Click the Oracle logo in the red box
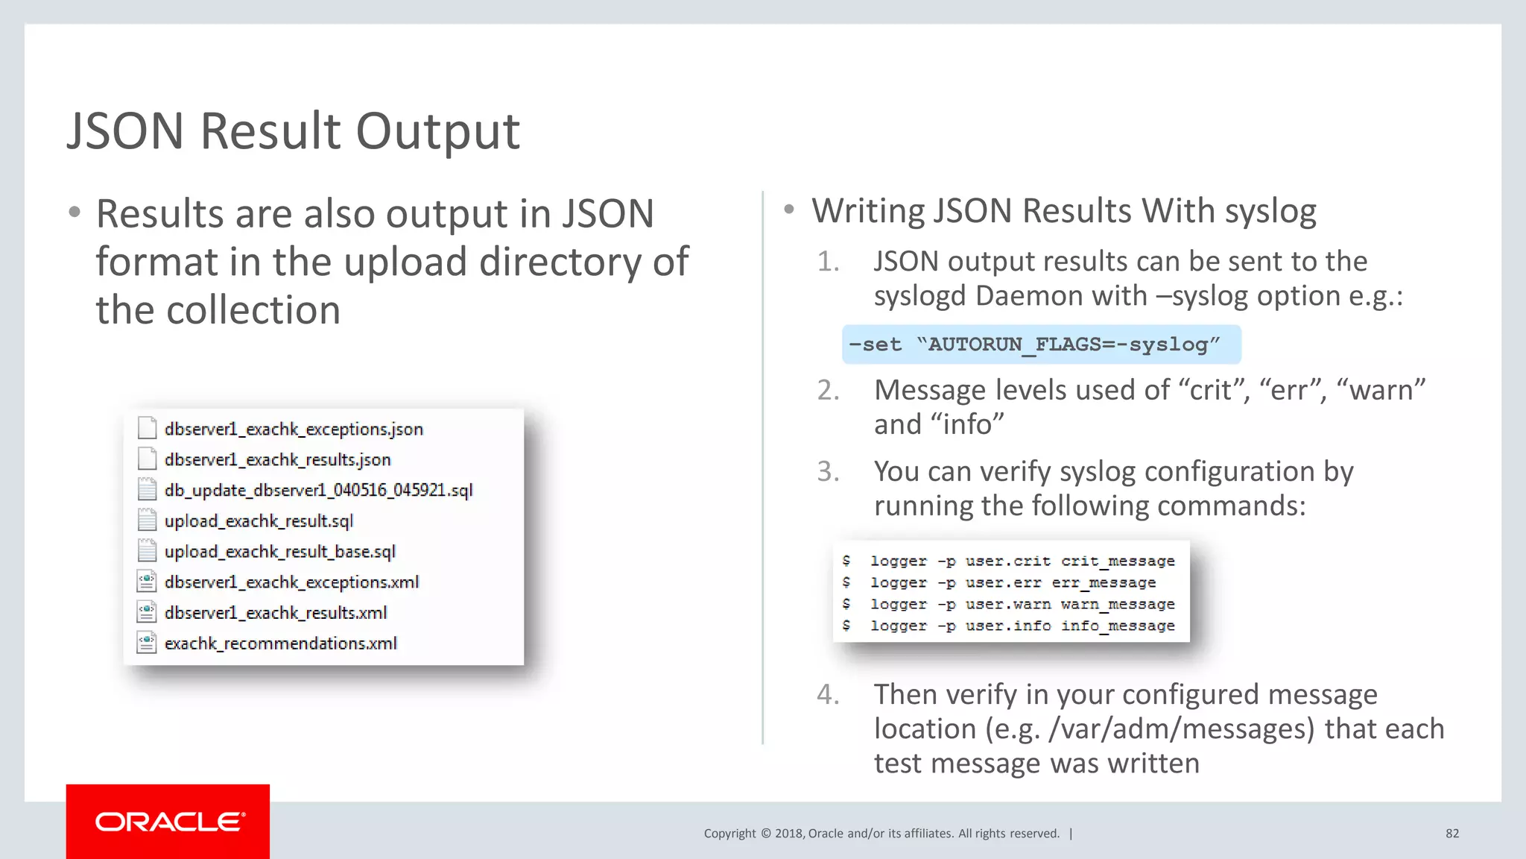pos(169,822)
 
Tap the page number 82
pos(1451,834)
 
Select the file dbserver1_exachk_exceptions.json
pos(294,429)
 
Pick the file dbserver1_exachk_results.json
pos(277,459)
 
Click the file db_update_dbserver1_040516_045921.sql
pos(318,490)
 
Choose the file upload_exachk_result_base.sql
pos(279,551)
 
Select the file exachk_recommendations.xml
pos(280,643)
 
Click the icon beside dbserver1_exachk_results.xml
pos(147,612)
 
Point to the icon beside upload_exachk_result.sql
pos(147,520)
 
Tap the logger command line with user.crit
pos(1022,561)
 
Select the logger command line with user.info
pos(1022,626)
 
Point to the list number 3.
pos(827,472)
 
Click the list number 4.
pos(827,695)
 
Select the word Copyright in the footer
pos(729,834)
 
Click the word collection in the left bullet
pos(253,310)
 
